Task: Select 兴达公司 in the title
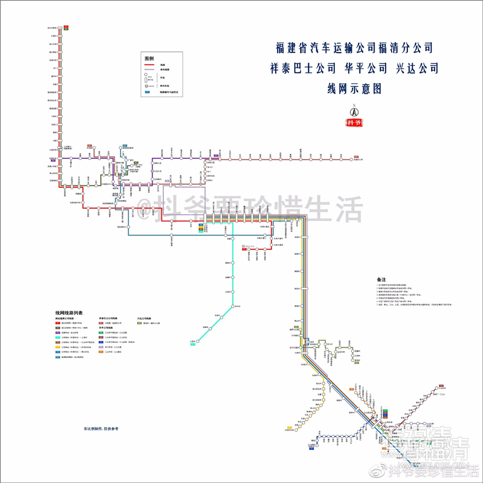click(417, 68)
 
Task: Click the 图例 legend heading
click(149, 58)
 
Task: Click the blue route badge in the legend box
click(148, 92)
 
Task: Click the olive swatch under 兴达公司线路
click(139, 323)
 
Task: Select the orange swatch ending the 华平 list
click(100, 352)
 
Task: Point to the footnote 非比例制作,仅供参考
click(100, 429)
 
